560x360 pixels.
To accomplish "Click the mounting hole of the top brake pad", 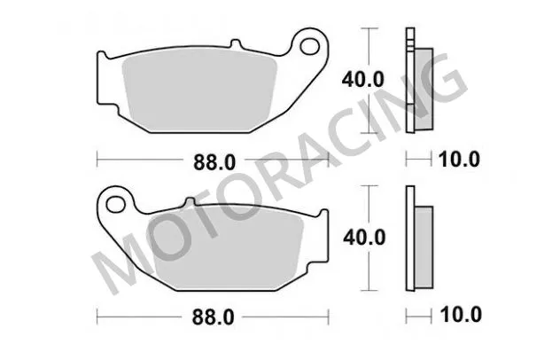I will point(310,42).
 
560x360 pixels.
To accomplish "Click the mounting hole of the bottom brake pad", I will point(113,205).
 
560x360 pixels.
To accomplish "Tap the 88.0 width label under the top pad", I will point(212,160).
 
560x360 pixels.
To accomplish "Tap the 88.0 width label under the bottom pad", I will point(212,316).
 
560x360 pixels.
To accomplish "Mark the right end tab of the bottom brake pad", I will point(324,226).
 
